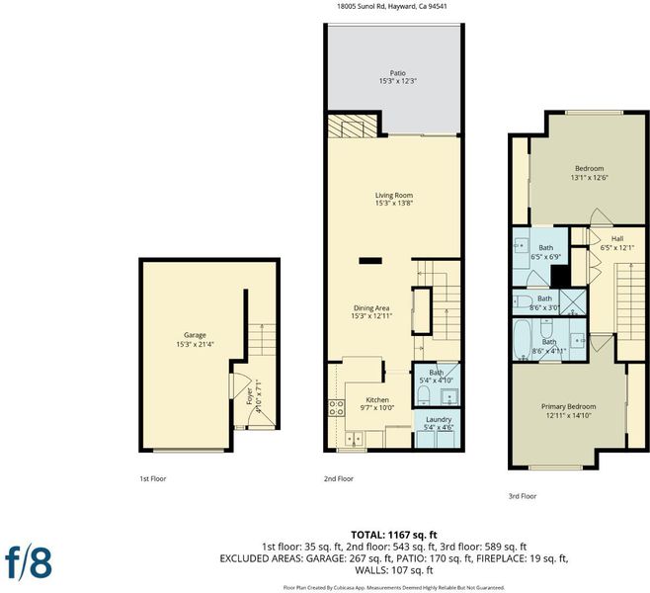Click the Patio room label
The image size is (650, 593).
pyautogui.click(x=397, y=73)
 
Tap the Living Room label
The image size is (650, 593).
pyautogui.click(x=394, y=195)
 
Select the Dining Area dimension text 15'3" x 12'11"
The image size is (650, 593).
pyautogui.click(x=371, y=316)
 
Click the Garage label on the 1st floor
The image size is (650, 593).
pyautogui.click(x=195, y=335)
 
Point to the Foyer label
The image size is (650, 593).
pyautogui.click(x=249, y=396)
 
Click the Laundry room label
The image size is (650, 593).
pyautogui.click(x=438, y=419)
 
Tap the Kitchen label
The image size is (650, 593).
pyautogui.click(x=377, y=399)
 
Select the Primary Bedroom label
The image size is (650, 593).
pyautogui.click(x=568, y=406)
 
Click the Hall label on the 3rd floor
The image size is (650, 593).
pyautogui.click(x=617, y=238)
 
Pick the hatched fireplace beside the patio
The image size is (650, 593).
pyautogui.click(x=353, y=127)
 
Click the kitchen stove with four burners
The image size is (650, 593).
pyautogui.click(x=336, y=407)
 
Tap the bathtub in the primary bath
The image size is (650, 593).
pyautogui.click(x=522, y=340)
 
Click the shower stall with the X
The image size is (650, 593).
pyautogui.click(x=573, y=302)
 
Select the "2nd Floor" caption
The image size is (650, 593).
pyautogui.click(x=339, y=478)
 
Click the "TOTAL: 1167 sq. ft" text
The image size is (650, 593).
pyautogui.click(x=394, y=535)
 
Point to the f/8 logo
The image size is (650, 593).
pyautogui.click(x=29, y=562)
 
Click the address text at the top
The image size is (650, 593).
pyautogui.click(x=393, y=6)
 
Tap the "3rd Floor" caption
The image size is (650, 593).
pyautogui.click(x=523, y=496)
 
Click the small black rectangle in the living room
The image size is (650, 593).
pyautogui.click(x=370, y=261)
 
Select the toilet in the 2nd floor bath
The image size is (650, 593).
pyautogui.click(x=423, y=395)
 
